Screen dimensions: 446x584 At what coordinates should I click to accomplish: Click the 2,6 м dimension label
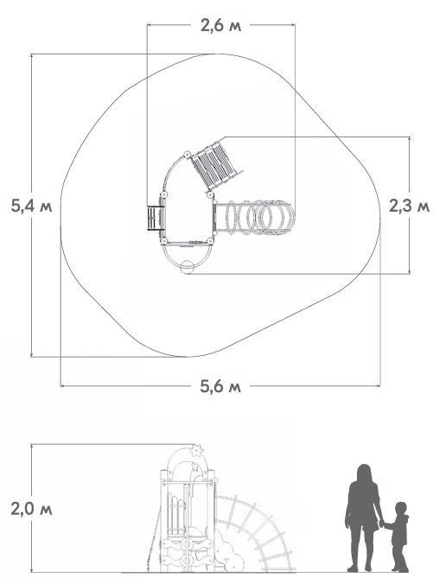(x=221, y=26)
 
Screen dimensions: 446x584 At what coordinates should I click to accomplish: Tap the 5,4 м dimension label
(x=31, y=206)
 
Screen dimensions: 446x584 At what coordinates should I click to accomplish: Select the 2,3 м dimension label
(x=409, y=206)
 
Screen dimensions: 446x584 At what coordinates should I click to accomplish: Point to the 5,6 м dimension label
(x=220, y=386)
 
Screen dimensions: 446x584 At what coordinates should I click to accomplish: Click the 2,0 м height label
(x=31, y=509)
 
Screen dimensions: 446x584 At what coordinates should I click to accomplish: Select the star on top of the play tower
(x=196, y=450)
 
